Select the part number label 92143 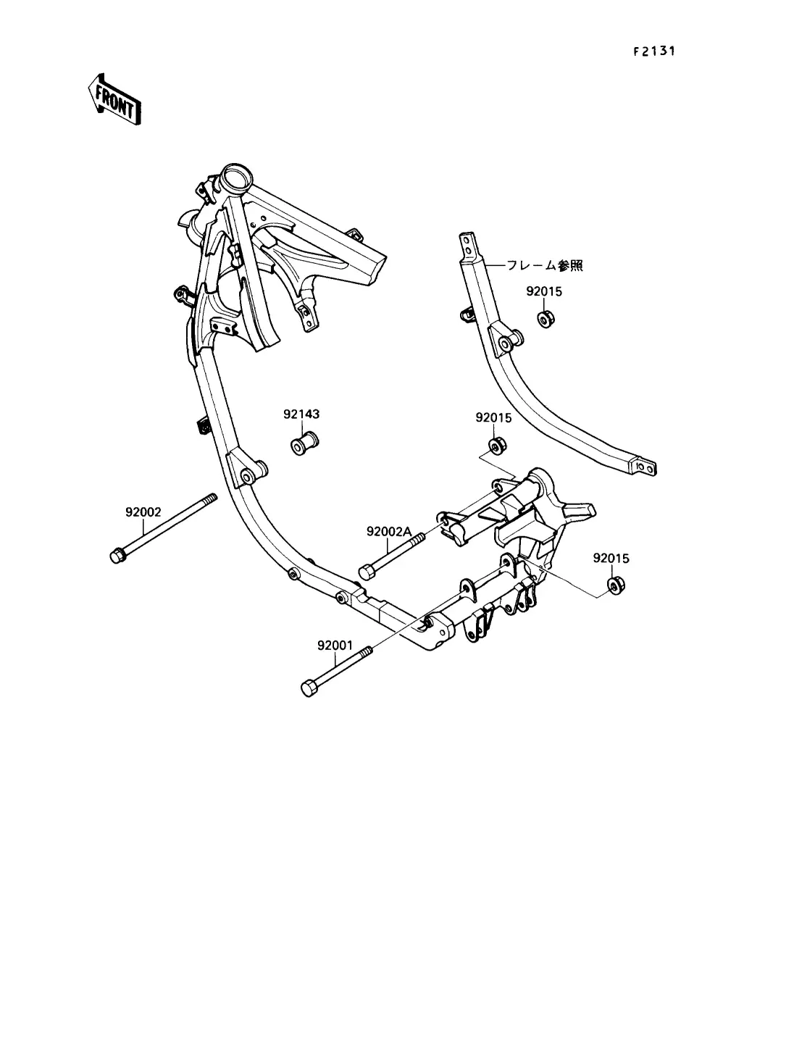tap(301, 414)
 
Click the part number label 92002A tap(389, 531)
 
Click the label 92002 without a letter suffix tap(143, 512)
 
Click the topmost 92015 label tap(544, 291)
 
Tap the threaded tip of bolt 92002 tap(211, 499)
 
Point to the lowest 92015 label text tap(611, 559)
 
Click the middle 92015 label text tap(493, 418)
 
